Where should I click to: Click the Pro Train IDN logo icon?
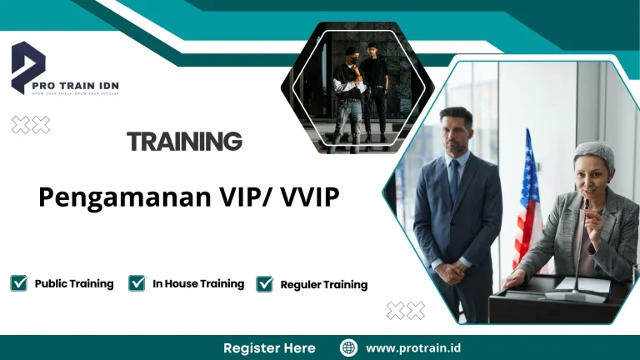click(x=27, y=65)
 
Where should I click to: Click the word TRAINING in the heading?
click(x=184, y=142)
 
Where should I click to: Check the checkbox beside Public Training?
click(x=18, y=283)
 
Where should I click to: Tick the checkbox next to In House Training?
click(x=137, y=283)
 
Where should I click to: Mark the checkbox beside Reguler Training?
click(x=264, y=284)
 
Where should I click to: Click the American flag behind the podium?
click(x=527, y=200)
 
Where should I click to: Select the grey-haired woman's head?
click(x=592, y=167)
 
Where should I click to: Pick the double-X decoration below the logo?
click(x=31, y=125)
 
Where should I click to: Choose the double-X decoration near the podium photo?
click(x=405, y=311)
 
